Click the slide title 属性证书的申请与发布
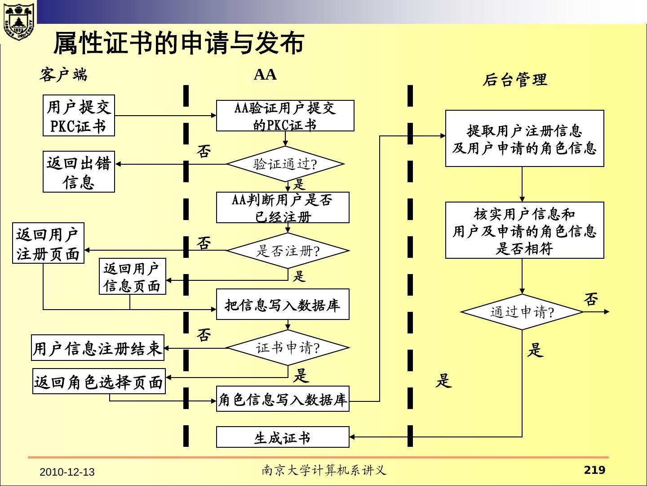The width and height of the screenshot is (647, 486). tap(178, 43)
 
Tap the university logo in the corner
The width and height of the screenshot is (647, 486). tap(18, 20)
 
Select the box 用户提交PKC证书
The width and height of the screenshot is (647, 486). tap(79, 116)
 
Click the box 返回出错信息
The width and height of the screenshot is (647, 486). tap(79, 172)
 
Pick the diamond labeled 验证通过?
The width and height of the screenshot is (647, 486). tap(285, 164)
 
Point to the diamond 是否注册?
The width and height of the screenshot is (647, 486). tap(288, 250)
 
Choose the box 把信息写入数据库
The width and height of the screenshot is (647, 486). tap(283, 305)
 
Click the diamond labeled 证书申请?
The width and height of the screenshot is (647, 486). tap(288, 347)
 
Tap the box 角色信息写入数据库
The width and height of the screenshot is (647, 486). tap(283, 399)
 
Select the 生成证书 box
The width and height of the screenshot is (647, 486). tap(283, 437)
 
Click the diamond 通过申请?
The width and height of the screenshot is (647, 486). tap(522, 312)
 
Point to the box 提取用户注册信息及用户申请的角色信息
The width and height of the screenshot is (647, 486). tap(524, 139)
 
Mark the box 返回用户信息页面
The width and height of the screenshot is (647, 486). tap(133, 276)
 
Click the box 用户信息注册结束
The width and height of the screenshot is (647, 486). tap(97, 348)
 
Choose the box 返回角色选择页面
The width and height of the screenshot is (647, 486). tap(99, 382)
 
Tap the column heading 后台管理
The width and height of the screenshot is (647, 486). tap(515, 80)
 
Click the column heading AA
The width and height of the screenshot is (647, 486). tap(265, 74)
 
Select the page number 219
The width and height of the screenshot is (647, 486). tap(594, 470)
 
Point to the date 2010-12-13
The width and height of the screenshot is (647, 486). tap(67, 472)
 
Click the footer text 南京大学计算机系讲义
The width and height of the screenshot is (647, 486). tap(324, 471)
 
